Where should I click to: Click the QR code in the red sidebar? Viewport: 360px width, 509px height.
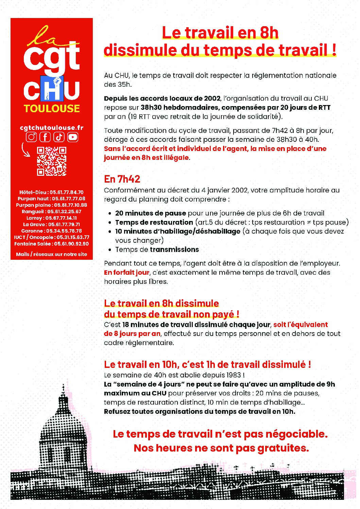point(52,161)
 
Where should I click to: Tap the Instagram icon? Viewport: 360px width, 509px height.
point(32,137)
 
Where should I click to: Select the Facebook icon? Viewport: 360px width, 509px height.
point(45,137)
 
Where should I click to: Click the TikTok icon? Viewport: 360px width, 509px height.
point(59,137)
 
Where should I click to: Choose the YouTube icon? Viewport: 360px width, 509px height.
point(73,137)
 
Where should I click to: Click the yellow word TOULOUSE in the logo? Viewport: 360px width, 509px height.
point(52,108)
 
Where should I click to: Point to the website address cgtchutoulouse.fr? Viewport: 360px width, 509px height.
point(52,128)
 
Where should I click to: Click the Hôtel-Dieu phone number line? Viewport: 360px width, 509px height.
point(52,192)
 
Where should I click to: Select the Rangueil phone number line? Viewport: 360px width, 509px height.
point(52,211)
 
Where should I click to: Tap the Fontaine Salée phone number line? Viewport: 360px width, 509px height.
point(52,244)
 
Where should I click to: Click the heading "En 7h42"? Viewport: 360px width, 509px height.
point(122,179)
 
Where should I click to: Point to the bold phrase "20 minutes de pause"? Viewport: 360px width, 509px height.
point(151,213)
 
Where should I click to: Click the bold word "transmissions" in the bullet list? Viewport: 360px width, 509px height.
point(174,250)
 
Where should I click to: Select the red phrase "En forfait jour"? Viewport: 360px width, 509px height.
point(126,272)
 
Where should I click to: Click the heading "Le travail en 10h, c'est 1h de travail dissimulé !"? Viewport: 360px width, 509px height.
point(207,364)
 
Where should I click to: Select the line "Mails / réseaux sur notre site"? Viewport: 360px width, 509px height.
point(52,254)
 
